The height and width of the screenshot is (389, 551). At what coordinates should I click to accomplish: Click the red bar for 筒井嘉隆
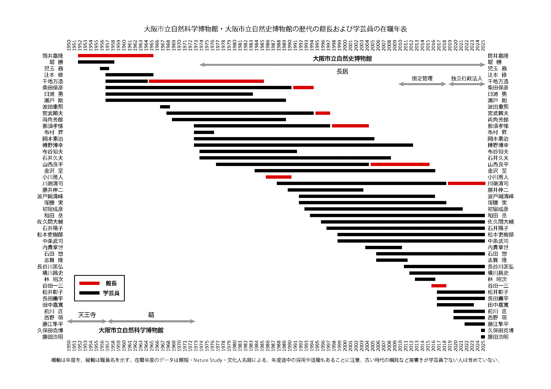click(x=115, y=56)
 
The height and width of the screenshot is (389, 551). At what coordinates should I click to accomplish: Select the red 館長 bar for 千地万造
click(x=206, y=81)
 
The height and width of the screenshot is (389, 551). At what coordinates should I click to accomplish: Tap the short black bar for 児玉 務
click(x=104, y=69)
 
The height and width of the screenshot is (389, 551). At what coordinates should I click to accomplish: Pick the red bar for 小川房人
click(x=279, y=177)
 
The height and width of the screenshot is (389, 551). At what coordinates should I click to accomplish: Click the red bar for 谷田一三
click(x=439, y=286)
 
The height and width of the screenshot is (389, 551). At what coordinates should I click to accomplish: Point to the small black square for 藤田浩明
click(x=483, y=337)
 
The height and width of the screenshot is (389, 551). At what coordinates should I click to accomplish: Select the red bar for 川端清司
click(x=466, y=183)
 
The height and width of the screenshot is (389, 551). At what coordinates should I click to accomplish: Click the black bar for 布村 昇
click(x=204, y=132)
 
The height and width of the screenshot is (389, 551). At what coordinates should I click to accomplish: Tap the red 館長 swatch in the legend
click(x=89, y=283)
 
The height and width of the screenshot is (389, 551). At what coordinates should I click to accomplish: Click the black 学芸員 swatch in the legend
click(x=89, y=293)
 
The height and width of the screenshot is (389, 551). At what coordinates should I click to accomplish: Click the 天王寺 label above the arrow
click(x=87, y=315)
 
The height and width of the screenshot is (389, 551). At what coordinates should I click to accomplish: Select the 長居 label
click(x=342, y=72)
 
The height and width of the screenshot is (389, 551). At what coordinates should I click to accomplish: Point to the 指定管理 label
click(x=422, y=78)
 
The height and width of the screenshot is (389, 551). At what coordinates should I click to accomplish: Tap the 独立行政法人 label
click(x=466, y=78)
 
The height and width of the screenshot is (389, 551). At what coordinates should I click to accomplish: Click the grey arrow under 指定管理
click(x=422, y=84)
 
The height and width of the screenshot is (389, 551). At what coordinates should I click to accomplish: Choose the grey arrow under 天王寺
click(x=87, y=321)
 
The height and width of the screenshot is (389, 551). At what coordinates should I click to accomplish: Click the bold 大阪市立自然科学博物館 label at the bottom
click(x=131, y=330)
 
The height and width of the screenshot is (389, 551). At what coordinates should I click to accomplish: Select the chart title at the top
click(x=275, y=29)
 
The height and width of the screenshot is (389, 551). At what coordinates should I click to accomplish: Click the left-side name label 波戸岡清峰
click(x=50, y=196)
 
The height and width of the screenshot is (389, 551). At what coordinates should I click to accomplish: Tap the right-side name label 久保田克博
click(x=500, y=330)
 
